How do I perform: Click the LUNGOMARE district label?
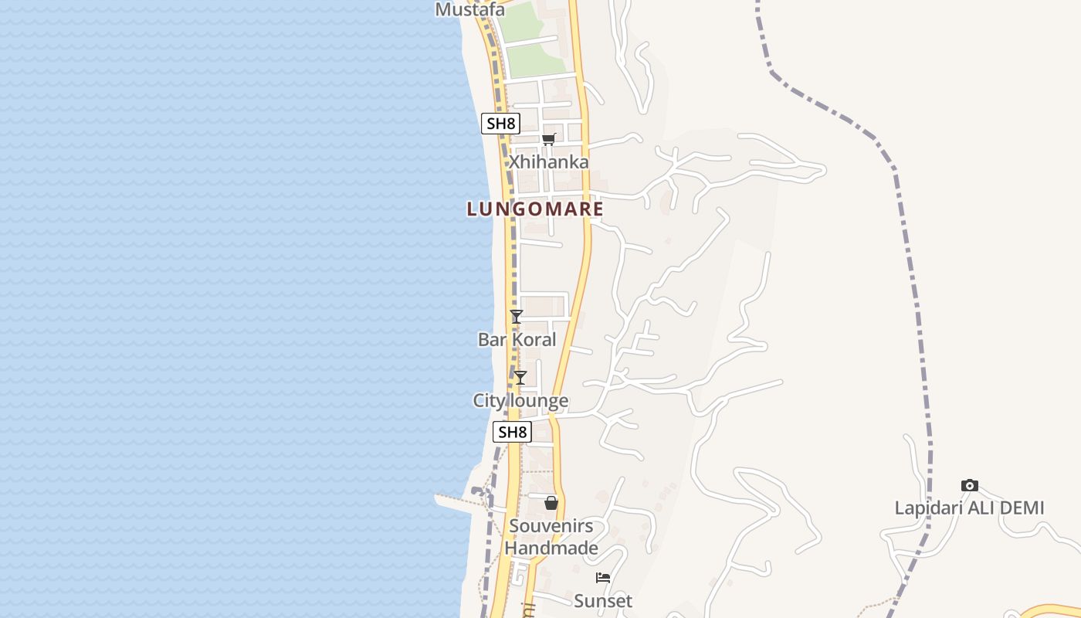click(x=535, y=209)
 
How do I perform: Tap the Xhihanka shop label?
click(x=548, y=162)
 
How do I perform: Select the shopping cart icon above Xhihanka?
click(x=548, y=140)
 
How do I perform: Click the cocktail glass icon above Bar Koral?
click(x=517, y=317)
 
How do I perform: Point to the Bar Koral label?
click(x=517, y=340)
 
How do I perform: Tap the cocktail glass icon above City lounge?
click(x=520, y=378)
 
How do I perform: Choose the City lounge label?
click(x=520, y=401)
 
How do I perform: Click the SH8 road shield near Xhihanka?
click(x=500, y=124)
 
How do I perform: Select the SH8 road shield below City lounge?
click(x=512, y=433)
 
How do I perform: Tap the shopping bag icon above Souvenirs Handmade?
click(x=551, y=503)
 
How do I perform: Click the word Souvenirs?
click(x=551, y=526)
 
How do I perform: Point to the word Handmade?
click(x=551, y=548)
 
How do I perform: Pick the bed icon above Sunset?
click(x=603, y=578)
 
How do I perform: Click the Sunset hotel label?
click(x=603, y=601)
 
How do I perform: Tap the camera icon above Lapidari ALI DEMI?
click(x=970, y=485)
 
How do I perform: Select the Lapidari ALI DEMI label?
click(x=969, y=508)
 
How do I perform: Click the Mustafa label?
click(x=470, y=10)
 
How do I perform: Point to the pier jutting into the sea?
click(x=456, y=501)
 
